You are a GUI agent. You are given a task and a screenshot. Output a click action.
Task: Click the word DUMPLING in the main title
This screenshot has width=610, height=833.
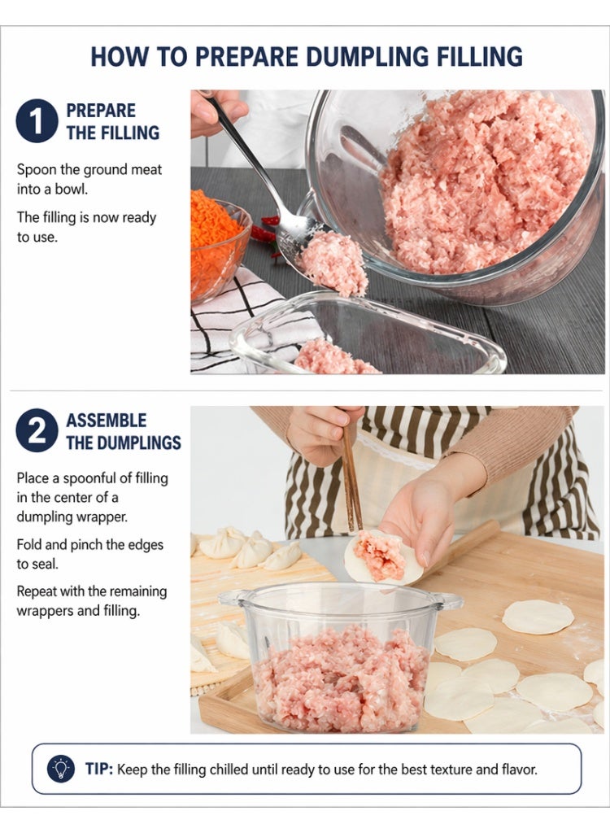coord(367,56)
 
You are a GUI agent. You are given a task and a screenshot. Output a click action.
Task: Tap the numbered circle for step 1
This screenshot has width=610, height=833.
coord(37,120)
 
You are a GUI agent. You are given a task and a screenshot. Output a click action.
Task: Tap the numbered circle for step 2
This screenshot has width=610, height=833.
coord(37,430)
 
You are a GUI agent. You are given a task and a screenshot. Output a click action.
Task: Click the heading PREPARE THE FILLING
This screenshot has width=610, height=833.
coord(113,122)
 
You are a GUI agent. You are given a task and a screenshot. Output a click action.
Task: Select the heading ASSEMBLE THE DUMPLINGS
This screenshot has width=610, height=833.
coord(124,431)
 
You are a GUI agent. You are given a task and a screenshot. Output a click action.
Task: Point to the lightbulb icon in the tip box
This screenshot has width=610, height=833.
coord(61,769)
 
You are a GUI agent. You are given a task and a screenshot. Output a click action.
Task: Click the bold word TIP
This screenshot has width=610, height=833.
coord(99,770)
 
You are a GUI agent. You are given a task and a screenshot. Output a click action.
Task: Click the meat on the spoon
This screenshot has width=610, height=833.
coord(333,264)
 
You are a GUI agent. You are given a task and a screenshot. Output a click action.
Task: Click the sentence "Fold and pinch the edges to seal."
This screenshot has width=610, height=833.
coord(89,554)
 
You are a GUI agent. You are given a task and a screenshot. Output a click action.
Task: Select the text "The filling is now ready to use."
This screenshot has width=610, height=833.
coord(86,227)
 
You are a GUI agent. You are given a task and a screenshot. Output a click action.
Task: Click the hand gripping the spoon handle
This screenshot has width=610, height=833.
coord(217,111)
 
